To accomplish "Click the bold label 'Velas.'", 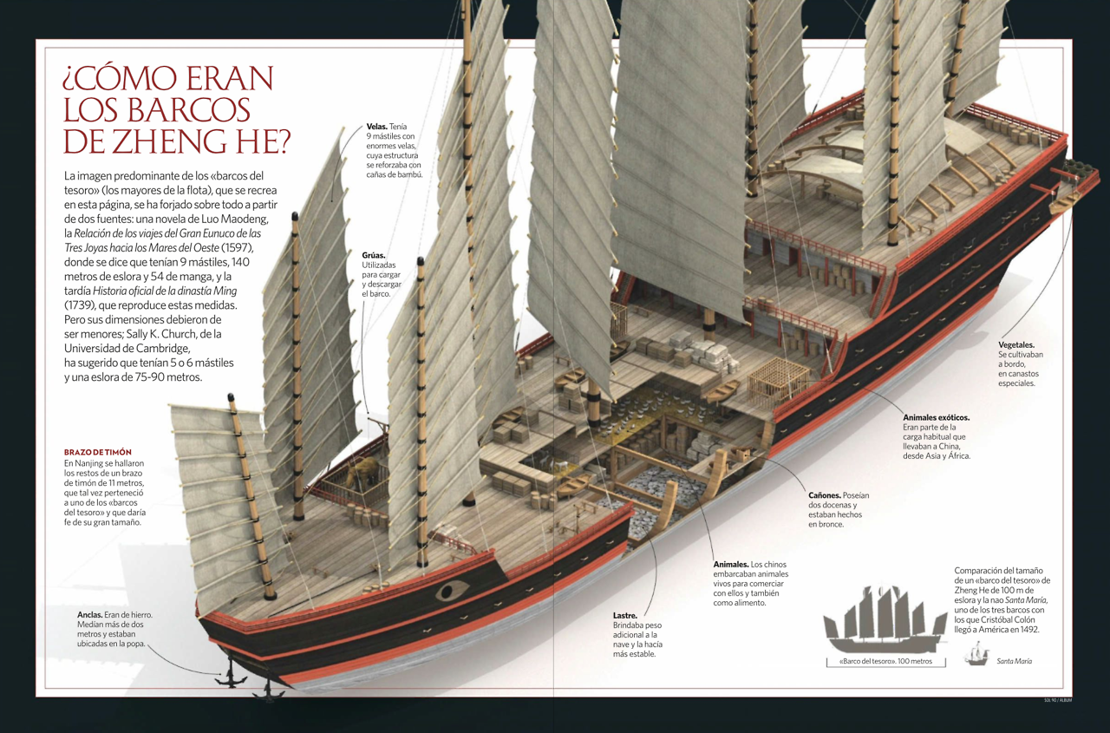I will click(x=376, y=127).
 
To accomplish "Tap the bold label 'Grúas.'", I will click(x=374, y=256).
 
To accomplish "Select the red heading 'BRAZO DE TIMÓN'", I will click(x=98, y=453).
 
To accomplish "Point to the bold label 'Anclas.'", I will click(x=90, y=615).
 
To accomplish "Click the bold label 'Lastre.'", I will click(x=624, y=616).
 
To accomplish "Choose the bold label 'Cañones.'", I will click(x=824, y=495).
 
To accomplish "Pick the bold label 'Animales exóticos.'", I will click(x=936, y=417).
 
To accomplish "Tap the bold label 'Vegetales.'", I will click(x=1015, y=345).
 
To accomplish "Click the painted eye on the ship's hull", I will click(x=451, y=592).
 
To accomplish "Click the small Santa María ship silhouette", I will click(x=977, y=655).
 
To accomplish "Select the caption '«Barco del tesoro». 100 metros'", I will click(x=885, y=662).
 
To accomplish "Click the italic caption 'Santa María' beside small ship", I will click(x=1014, y=662).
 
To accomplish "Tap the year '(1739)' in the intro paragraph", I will click(x=81, y=305).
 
